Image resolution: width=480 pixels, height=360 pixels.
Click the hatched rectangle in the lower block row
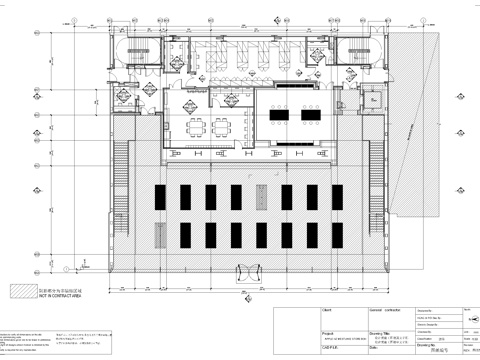pos(262,236)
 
